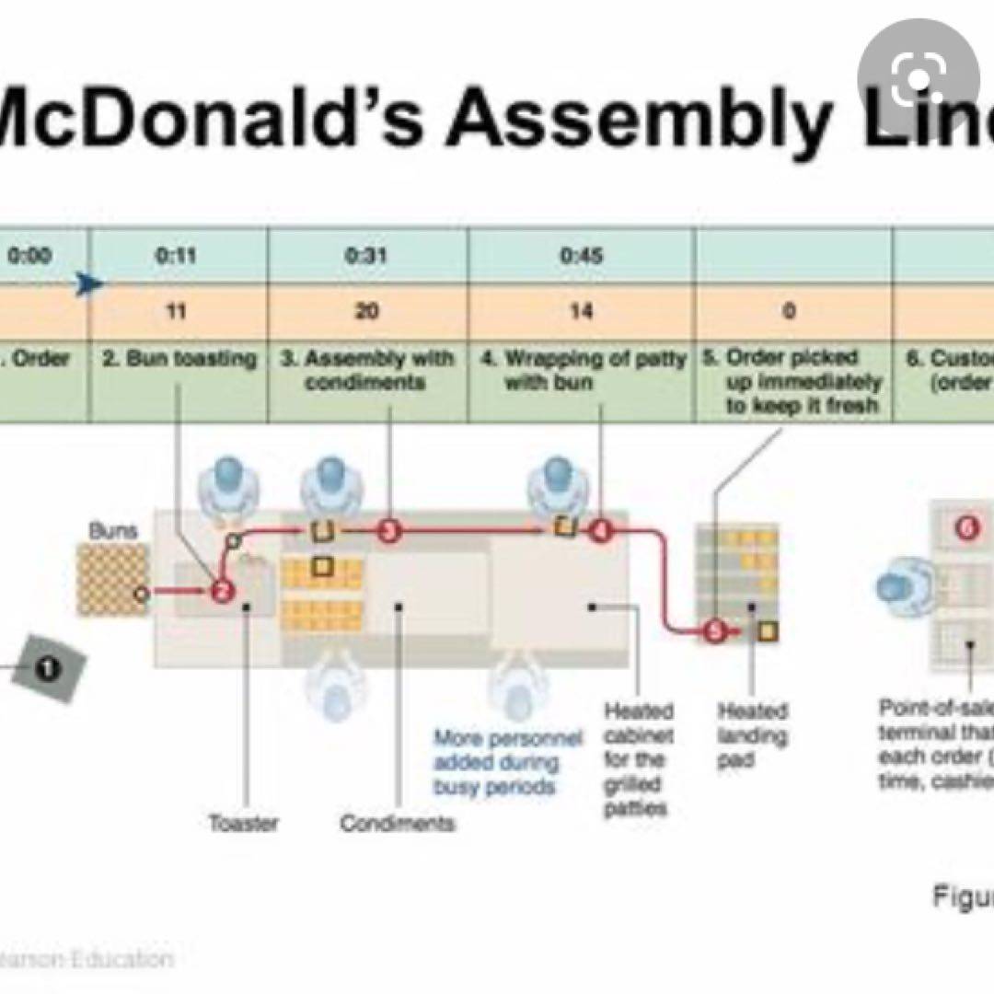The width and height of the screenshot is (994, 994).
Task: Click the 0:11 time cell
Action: (176, 255)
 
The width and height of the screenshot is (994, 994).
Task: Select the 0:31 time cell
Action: (366, 255)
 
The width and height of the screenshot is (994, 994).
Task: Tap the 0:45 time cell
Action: (581, 255)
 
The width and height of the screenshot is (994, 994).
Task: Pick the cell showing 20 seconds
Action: (366, 311)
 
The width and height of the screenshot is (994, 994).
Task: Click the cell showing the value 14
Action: (581, 311)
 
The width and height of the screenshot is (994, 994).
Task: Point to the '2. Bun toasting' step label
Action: (179, 359)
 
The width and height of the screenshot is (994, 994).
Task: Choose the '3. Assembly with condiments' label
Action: (367, 369)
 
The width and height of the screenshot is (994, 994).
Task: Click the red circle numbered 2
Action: (221, 592)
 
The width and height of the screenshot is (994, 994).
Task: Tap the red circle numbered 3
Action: (389, 530)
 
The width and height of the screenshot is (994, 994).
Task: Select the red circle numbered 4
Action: (601, 531)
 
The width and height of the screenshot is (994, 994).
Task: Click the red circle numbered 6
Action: (965, 528)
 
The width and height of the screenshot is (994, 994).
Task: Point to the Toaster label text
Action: (242, 822)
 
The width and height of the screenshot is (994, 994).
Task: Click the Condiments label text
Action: (398, 822)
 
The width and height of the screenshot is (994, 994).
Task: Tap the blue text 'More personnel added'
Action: (508, 762)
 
